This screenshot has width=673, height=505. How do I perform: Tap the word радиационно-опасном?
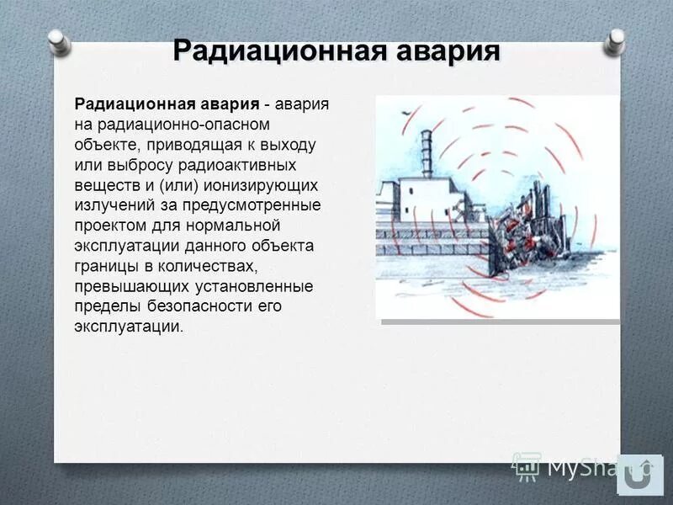pos(167,124)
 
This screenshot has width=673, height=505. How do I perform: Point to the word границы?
pos(105,265)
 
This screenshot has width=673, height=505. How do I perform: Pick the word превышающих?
pos(126,285)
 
